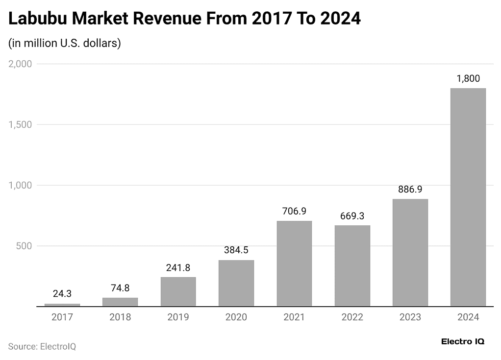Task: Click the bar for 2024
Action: (468, 197)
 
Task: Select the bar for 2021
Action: (294, 264)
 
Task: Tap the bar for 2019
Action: (178, 291)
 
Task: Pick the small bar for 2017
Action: (62, 305)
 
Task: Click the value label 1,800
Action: (468, 78)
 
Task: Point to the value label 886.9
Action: (410, 189)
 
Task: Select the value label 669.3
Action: (352, 216)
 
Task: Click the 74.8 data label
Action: (120, 288)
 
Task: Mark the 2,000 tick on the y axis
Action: (20, 64)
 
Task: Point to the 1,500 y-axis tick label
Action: (20, 124)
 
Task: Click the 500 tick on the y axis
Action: (24, 246)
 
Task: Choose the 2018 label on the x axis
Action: (120, 317)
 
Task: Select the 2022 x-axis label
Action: (352, 317)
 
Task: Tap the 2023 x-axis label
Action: (410, 317)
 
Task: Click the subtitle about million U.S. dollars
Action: (64, 43)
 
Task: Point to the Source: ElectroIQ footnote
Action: (42, 346)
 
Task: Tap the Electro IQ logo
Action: (462, 341)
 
